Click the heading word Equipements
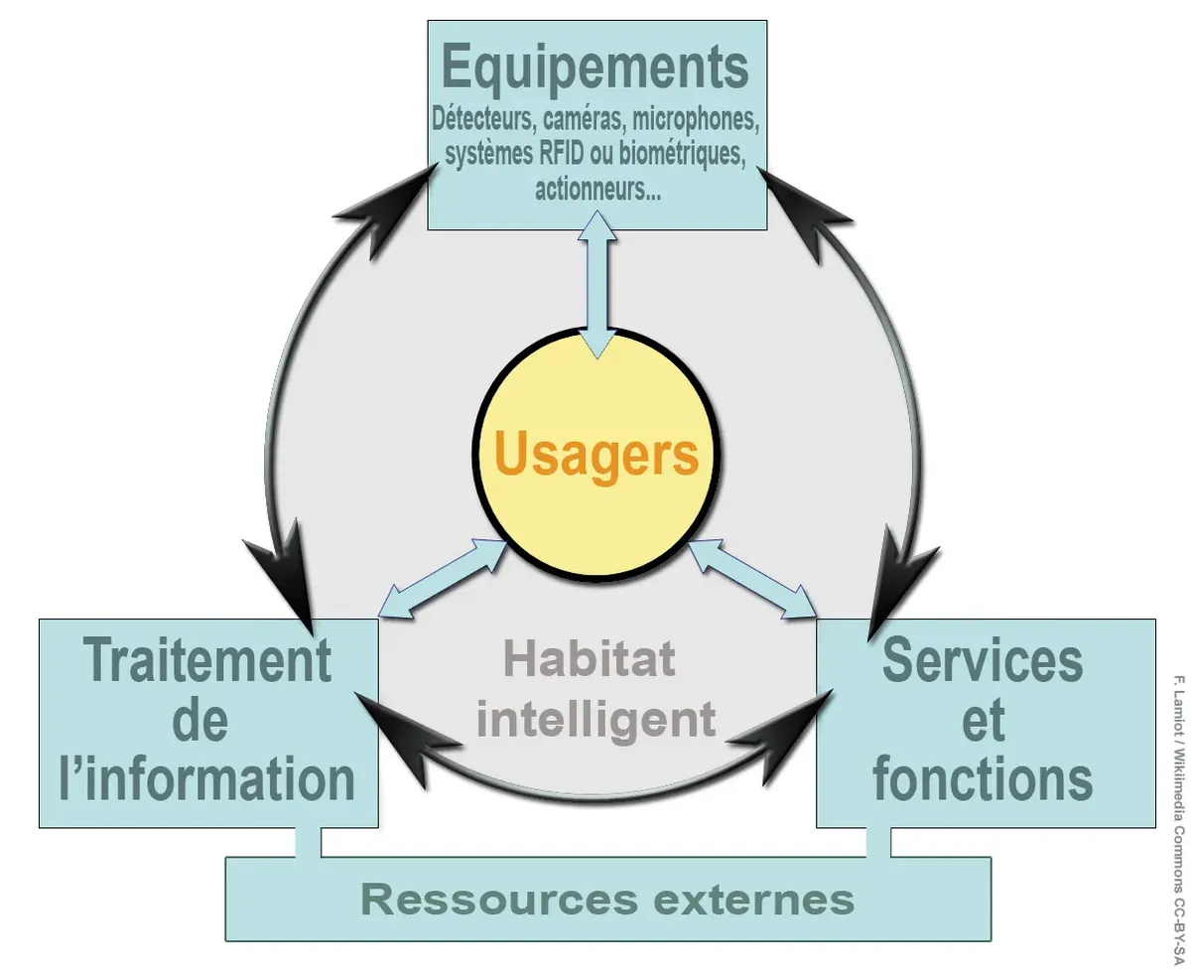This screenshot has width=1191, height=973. point(595,68)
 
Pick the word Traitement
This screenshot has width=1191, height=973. point(207,660)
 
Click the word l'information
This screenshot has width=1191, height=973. point(207,778)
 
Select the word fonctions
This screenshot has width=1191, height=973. point(983,778)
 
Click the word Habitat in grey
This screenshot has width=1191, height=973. point(590,657)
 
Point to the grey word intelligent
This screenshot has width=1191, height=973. point(595,718)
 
